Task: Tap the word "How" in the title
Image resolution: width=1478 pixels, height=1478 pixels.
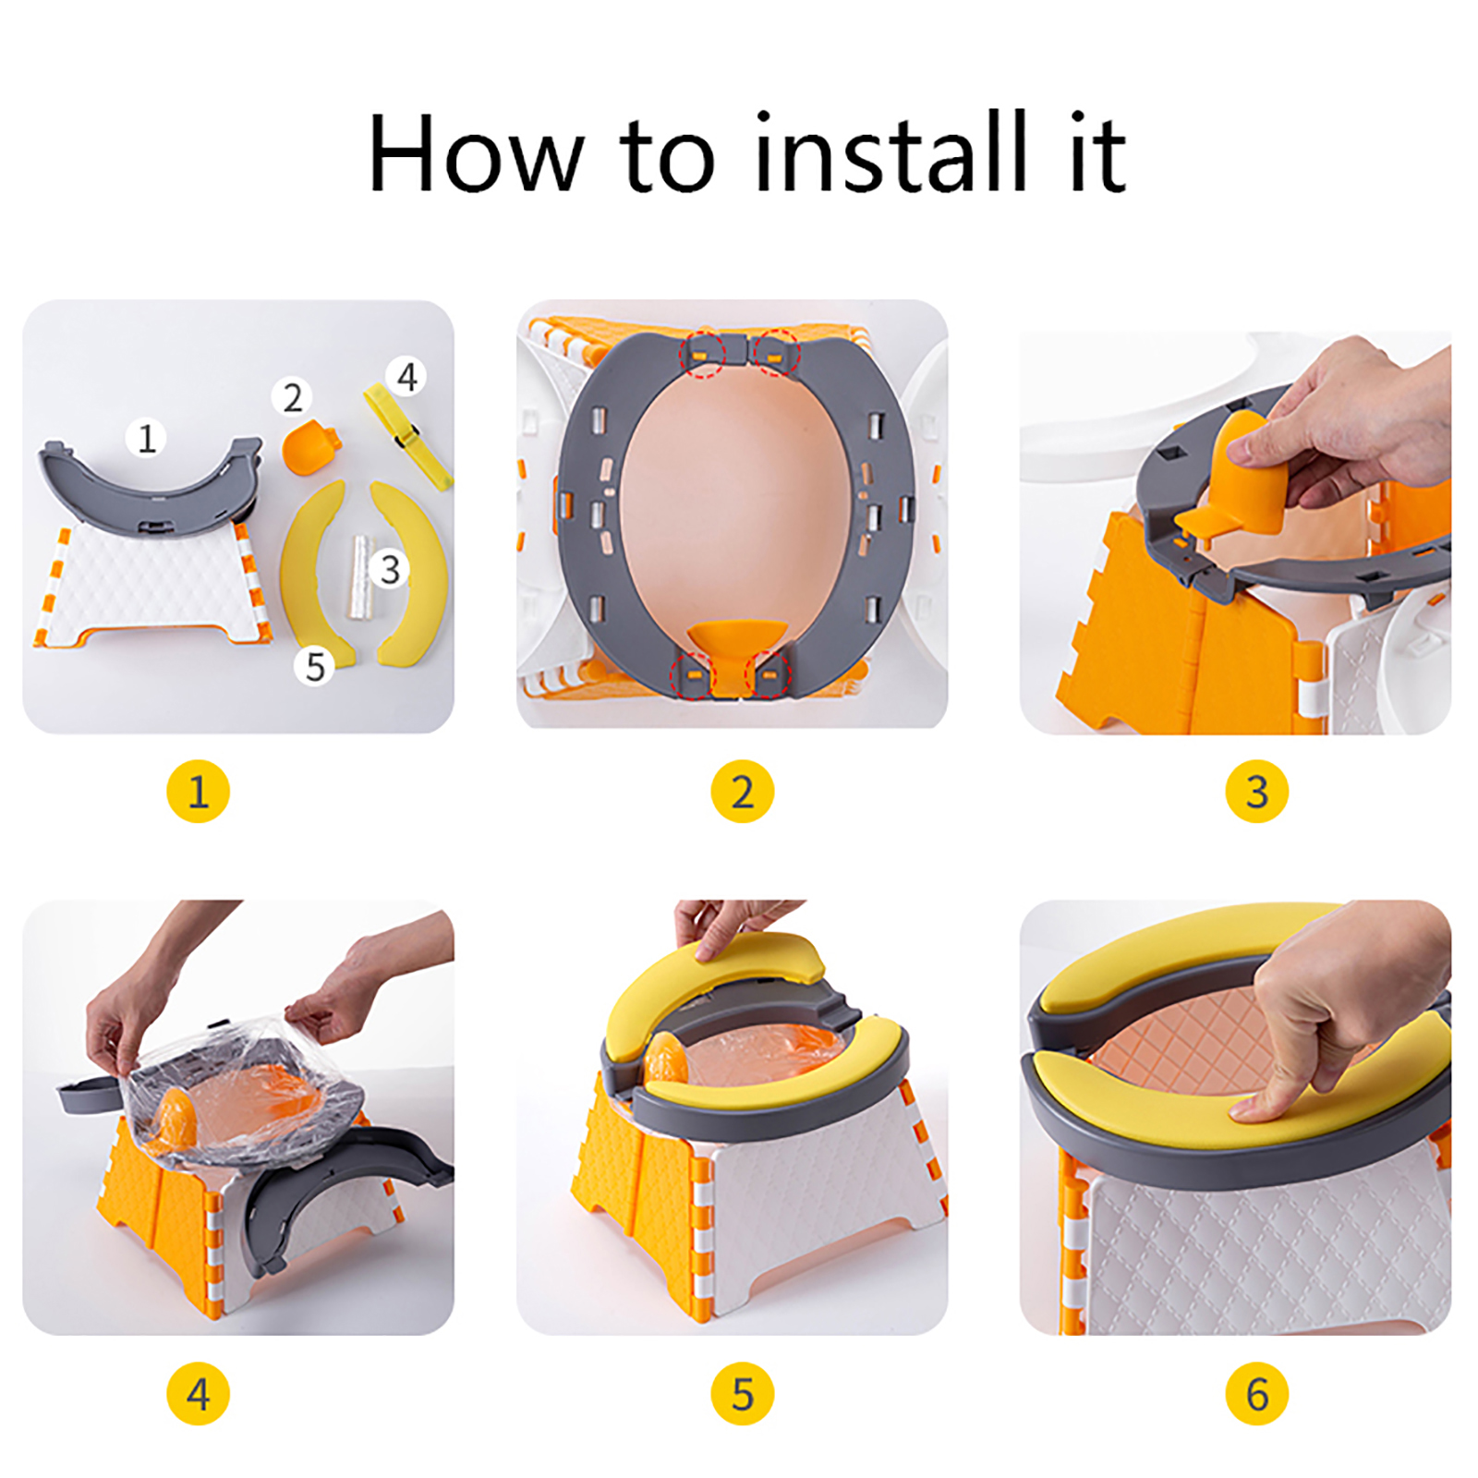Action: (477, 152)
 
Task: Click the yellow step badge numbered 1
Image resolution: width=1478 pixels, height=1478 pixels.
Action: (198, 792)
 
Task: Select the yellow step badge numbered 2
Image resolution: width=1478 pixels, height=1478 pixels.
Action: (743, 792)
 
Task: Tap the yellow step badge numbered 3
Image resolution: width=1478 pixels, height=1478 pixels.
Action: (1256, 792)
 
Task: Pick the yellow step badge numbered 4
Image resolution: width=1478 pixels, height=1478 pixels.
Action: (198, 1394)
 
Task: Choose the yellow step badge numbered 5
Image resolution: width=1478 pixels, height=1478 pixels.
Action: (743, 1394)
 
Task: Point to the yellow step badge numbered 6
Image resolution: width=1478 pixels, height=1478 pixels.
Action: (1256, 1394)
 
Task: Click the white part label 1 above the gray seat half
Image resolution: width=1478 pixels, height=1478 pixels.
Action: (147, 437)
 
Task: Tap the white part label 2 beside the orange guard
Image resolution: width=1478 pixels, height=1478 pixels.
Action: (292, 397)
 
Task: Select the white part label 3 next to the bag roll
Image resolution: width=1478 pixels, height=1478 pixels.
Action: (390, 569)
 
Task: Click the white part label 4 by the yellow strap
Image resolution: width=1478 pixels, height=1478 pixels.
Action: (406, 376)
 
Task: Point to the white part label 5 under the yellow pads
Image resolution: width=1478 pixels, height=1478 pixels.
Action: (315, 666)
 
